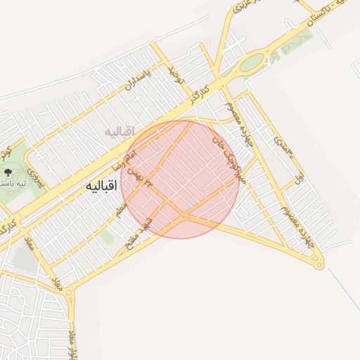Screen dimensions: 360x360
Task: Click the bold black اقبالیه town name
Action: coord(101,186)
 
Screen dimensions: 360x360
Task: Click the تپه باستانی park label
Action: coord(13,184)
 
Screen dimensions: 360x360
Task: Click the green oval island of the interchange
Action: coord(251,63)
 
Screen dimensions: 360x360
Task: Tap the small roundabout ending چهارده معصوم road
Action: coord(320,265)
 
